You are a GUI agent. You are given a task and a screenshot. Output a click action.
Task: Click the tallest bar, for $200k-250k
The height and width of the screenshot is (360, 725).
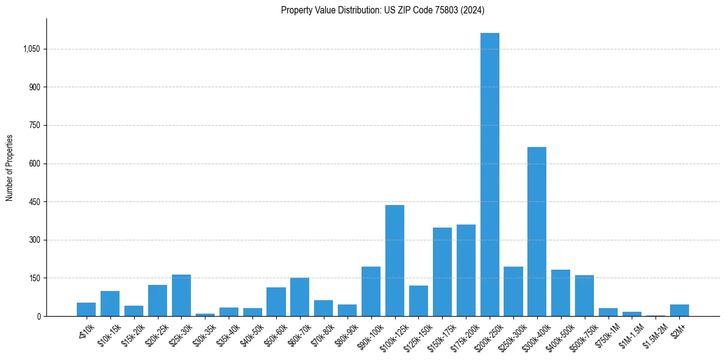tap(490, 175)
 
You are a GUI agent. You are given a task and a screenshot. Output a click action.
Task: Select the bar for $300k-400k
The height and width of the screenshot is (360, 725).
tap(537, 232)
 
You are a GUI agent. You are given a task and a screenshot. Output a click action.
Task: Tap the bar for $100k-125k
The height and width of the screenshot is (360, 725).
tap(395, 261)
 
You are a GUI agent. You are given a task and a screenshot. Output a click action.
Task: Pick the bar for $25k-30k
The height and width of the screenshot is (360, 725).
tap(181, 295)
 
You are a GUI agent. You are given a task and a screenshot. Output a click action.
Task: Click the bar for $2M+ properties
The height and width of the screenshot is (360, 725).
tap(679, 310)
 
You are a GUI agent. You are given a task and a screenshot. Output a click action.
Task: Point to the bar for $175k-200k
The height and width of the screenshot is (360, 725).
tap(466, 270)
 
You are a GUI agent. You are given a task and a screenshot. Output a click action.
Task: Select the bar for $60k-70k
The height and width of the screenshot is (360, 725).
tap(299, 297)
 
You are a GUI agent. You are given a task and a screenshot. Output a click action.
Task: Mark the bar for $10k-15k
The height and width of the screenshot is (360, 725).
tap(110, 303)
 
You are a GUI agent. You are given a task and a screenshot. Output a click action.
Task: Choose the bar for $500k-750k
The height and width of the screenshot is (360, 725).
tap(584, 295)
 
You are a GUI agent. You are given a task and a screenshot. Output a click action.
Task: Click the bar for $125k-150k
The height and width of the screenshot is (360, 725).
tap(418, 301)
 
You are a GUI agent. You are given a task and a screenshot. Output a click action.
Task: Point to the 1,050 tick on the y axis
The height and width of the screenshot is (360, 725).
tap(31, 49)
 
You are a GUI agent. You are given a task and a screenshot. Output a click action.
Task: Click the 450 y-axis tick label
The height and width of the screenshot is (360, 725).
tap(34, 202)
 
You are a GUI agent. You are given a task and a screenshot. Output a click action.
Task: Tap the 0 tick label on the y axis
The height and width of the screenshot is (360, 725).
tap(38, 317)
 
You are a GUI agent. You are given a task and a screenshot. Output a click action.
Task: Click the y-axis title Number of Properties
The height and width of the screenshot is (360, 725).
tap(9, 168)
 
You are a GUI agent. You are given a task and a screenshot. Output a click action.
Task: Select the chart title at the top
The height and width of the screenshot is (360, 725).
tap(382, 10)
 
